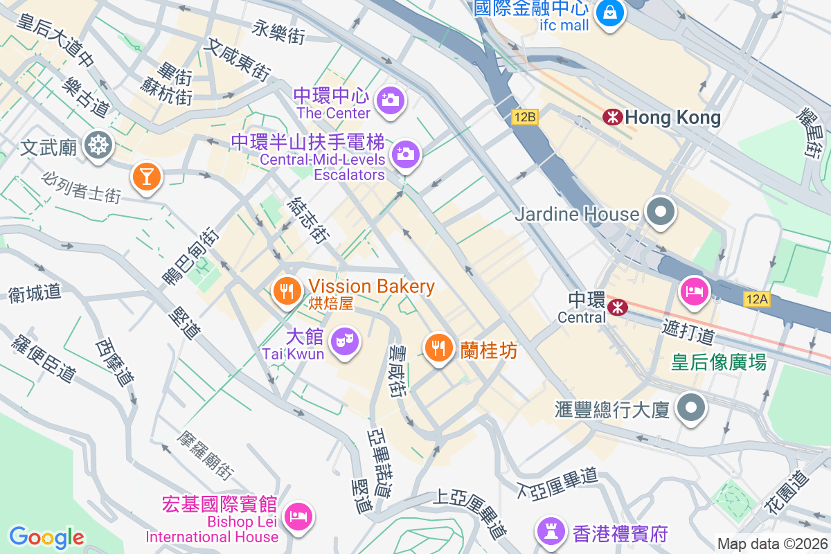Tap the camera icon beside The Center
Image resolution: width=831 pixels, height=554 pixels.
pyautogui.click(x=391, y=101)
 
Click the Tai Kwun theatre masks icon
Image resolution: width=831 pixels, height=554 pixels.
pyautogui.click(x=344, y=341)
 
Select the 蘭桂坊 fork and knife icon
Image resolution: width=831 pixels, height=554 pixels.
pyautogui.click(x=438, y=349)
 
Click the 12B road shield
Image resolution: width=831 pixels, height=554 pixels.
pyautogui.click(x=525, y=117)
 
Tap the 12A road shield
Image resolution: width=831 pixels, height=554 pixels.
pyautogui.click(x=758, y=299)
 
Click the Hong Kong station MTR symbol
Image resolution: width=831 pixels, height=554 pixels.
pyautogui.click(x=612, y=117)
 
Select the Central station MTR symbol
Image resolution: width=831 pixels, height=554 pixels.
pyautogui.click(x=616, y=306)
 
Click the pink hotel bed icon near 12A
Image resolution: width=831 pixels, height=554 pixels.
pyautogui.click(x=693, y=289)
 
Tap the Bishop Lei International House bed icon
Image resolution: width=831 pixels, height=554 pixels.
pyautogui.click(x=298, y=517)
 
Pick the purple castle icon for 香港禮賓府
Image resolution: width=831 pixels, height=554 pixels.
pyautogui.click(x=551, y=532)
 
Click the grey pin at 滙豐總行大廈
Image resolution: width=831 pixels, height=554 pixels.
pyautogui.click(x=691, y=407)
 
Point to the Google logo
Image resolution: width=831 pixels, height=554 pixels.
pyautogui.click(x=46, y=537)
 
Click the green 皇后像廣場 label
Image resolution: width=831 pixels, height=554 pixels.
pyautogui.click(x=718, y=361)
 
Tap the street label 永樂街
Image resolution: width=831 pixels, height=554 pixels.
pyautogui.click(x=278, y=32)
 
